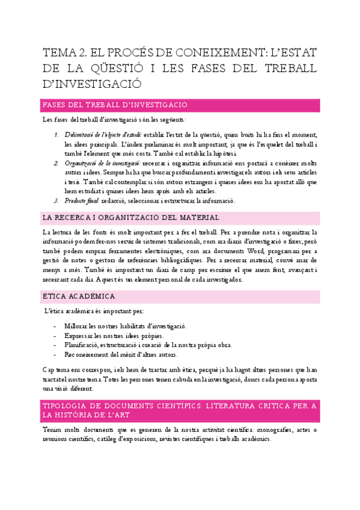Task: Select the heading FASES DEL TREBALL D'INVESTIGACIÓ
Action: [x=115, y=105]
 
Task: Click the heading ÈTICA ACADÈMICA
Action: [x=84, y=296]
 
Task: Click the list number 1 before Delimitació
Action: [x=56, y=134]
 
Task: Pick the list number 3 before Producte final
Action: [x=56, y=201]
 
